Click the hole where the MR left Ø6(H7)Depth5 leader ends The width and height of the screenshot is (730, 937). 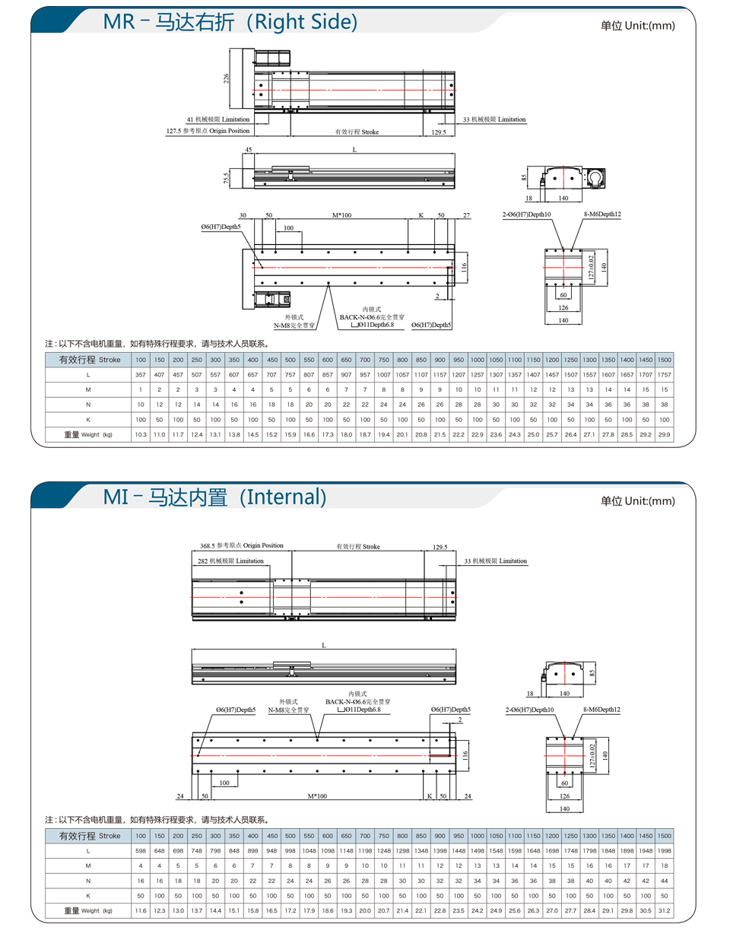coord(262,268)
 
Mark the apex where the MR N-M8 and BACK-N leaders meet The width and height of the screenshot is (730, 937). coord(328,283)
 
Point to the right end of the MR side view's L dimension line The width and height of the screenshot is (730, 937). coord(455,153)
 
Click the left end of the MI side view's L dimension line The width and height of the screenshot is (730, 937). coord(192,649)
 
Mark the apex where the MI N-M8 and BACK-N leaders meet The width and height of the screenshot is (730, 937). coord(318,740)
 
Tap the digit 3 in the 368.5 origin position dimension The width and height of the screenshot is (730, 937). coord(202,546)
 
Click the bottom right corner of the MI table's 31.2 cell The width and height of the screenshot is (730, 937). coord(674,918)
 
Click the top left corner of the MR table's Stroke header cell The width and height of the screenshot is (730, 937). coord(46,353)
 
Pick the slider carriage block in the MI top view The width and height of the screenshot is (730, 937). coord(292,597)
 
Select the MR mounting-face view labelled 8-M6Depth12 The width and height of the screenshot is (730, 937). coord(563,268)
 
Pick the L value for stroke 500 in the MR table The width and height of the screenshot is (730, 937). coord(290,375)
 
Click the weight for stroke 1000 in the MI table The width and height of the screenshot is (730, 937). coord(477,910)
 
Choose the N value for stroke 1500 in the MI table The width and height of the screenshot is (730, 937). coord(664,881)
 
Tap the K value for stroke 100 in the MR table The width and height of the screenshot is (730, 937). coord(141,420)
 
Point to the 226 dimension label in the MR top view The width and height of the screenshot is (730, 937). coord(226,78)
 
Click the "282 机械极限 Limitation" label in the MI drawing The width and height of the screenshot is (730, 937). coord(230,561)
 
